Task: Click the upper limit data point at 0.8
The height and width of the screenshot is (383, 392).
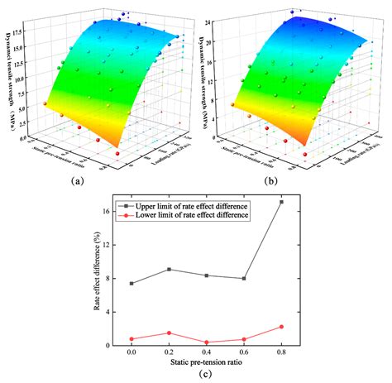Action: [x=282, y=202]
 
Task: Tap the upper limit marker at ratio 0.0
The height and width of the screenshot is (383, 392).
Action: [x=131, y=283]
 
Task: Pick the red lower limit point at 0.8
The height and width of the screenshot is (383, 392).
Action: [x=282, y=327]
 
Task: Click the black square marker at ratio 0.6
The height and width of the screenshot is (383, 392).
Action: [x=244, y=279]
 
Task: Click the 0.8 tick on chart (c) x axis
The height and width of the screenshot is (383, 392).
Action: [x=282, y=353]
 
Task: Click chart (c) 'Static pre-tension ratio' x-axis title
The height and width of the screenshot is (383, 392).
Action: [x=206, y=364]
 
